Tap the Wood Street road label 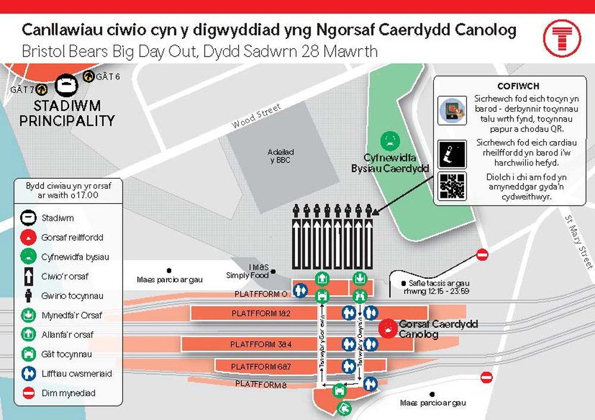(256, 115)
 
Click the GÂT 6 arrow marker (88, 76)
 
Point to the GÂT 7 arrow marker (42, 89)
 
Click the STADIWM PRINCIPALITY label (67, 113)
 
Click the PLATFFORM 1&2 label (261, 313)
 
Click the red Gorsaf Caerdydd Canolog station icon (388, 328)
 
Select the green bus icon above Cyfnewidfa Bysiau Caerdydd (390, 141)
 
